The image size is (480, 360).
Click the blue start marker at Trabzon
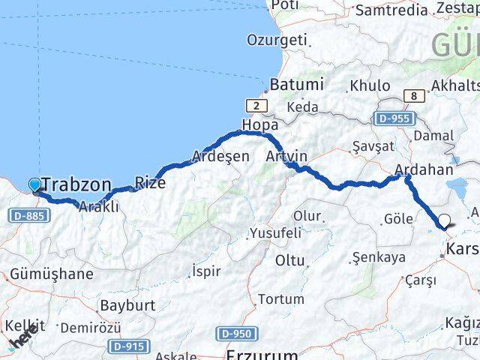coord(34,184)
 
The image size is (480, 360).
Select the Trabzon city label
coord(77,184)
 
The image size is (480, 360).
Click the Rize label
coord(149,181)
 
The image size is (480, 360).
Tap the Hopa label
coord(259,124)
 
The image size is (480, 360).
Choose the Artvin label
coord(286,156)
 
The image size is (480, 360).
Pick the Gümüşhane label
coord(52,274)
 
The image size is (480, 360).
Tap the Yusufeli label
coord(275,232)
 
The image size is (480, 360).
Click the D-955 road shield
coord(393,118)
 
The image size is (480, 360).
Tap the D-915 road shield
coord(128,346)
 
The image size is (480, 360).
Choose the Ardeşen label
coord(220,156)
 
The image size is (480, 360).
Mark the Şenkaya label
coord(378,257)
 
